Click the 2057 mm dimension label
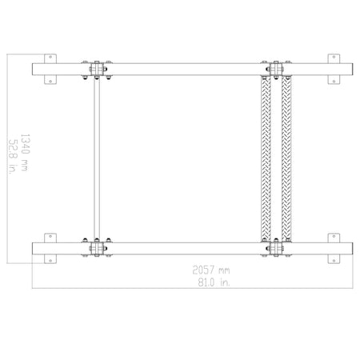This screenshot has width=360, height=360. click(211, 270)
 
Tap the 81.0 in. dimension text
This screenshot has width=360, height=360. click(214, 282)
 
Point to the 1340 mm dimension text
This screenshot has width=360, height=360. click(25, 153)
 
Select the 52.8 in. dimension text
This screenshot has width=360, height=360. click(13, 157)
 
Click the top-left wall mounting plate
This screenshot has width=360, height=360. click(50, 69)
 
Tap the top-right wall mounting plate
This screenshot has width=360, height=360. click(334, 69)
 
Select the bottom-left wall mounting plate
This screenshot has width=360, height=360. click(50, 248)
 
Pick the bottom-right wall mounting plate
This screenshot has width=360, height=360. click(334, 248)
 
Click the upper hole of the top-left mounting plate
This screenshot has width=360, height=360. click(50, 57)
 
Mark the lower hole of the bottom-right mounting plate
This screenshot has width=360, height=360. click(334, 261)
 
